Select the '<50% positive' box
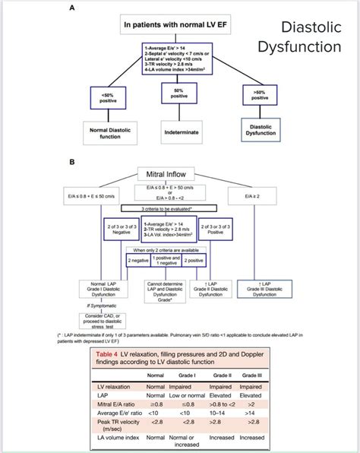pos(109,97)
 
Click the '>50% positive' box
pos(260,95)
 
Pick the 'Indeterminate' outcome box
pos(179,131)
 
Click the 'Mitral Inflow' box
pos(178,174)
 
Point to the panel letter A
pos(72,7)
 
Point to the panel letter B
pos(72,161)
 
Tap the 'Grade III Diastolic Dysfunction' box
pos(265,290)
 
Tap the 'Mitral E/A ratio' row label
pos(117,404)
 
